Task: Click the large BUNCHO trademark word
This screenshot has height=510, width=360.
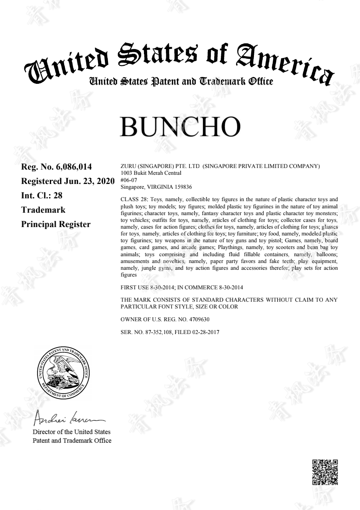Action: coord(180,127)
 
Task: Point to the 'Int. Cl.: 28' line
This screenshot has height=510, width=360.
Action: coord(41,196)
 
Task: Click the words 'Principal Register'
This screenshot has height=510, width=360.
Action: coord(55,224)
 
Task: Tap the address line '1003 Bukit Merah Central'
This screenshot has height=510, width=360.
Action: coord(151,173)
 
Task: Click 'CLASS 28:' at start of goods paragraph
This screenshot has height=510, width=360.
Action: coord(132,199)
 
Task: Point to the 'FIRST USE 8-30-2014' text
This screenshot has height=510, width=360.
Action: coord(146,287)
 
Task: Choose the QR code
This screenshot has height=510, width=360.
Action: coord(325,472)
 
